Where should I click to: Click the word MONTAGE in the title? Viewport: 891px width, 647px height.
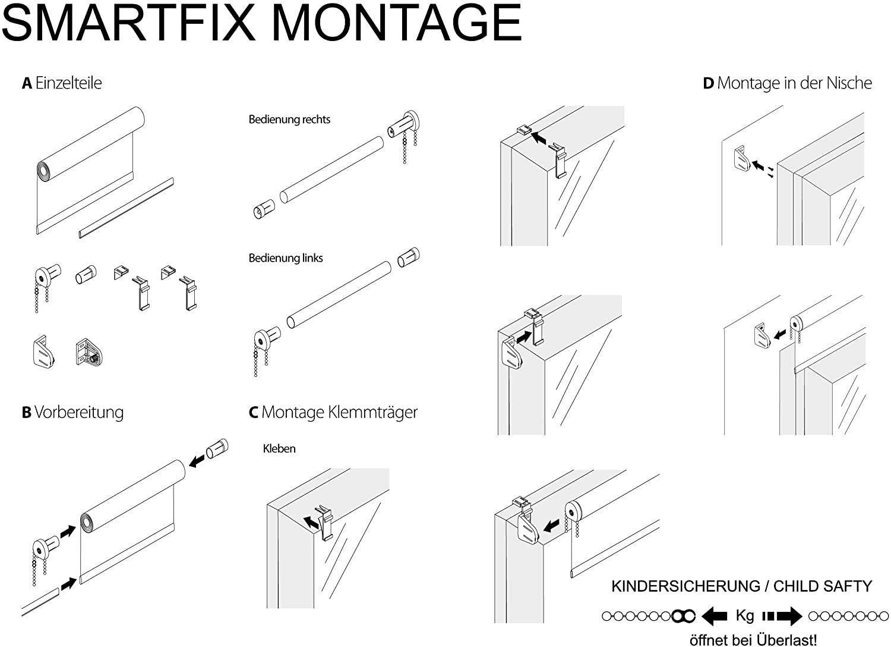(x=397, y=23)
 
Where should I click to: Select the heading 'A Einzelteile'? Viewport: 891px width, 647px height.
(x=62, y=83)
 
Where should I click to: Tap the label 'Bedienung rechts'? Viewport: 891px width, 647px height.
(x=289, y=120)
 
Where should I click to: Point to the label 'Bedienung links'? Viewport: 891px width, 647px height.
(x=286, y=258)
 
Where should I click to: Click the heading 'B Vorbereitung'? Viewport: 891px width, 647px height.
(x=72, y=412)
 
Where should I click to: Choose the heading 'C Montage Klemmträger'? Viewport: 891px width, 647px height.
(x=333, y=412)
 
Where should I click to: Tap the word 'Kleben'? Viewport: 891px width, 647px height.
(x=279, y=448)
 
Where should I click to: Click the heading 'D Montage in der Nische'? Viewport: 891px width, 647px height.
(x=787, y=83)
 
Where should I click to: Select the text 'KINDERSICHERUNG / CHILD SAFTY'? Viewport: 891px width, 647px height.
(x=742, y=586)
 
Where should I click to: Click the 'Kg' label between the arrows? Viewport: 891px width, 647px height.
(x=745, y=615)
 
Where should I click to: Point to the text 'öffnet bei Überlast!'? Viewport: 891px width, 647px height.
(x=753, y=640)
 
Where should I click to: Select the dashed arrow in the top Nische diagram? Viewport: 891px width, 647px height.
(x=760, y=168)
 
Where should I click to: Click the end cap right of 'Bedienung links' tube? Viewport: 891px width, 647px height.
(x=408, y=257)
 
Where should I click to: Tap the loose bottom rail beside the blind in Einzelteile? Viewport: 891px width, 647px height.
(x=126, y=208)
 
